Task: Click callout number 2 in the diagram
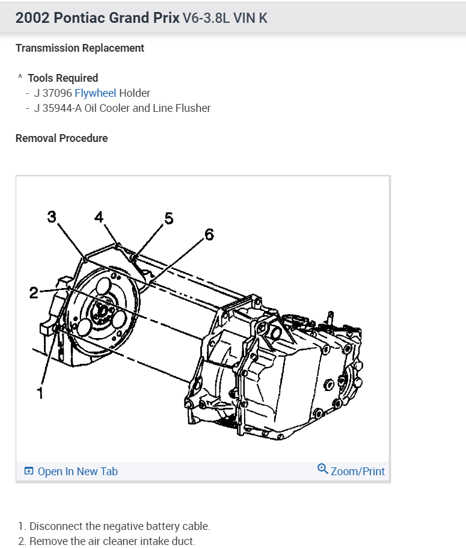pos(34,293)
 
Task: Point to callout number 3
pos(52,217)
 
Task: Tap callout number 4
pos(99,217)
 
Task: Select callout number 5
pos(168,218)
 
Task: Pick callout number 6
pos(209,234)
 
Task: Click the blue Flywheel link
pos(95,93)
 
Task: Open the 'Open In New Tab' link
pos(78,472)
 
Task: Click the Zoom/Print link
pos(358,472)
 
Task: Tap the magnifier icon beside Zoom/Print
pos(323,469)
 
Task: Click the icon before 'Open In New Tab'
pos(29,472)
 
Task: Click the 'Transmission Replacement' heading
pos(80,48)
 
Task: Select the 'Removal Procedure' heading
pos(61,138)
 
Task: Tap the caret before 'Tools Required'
pos(20,78)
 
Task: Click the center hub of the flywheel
pos(101,310)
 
